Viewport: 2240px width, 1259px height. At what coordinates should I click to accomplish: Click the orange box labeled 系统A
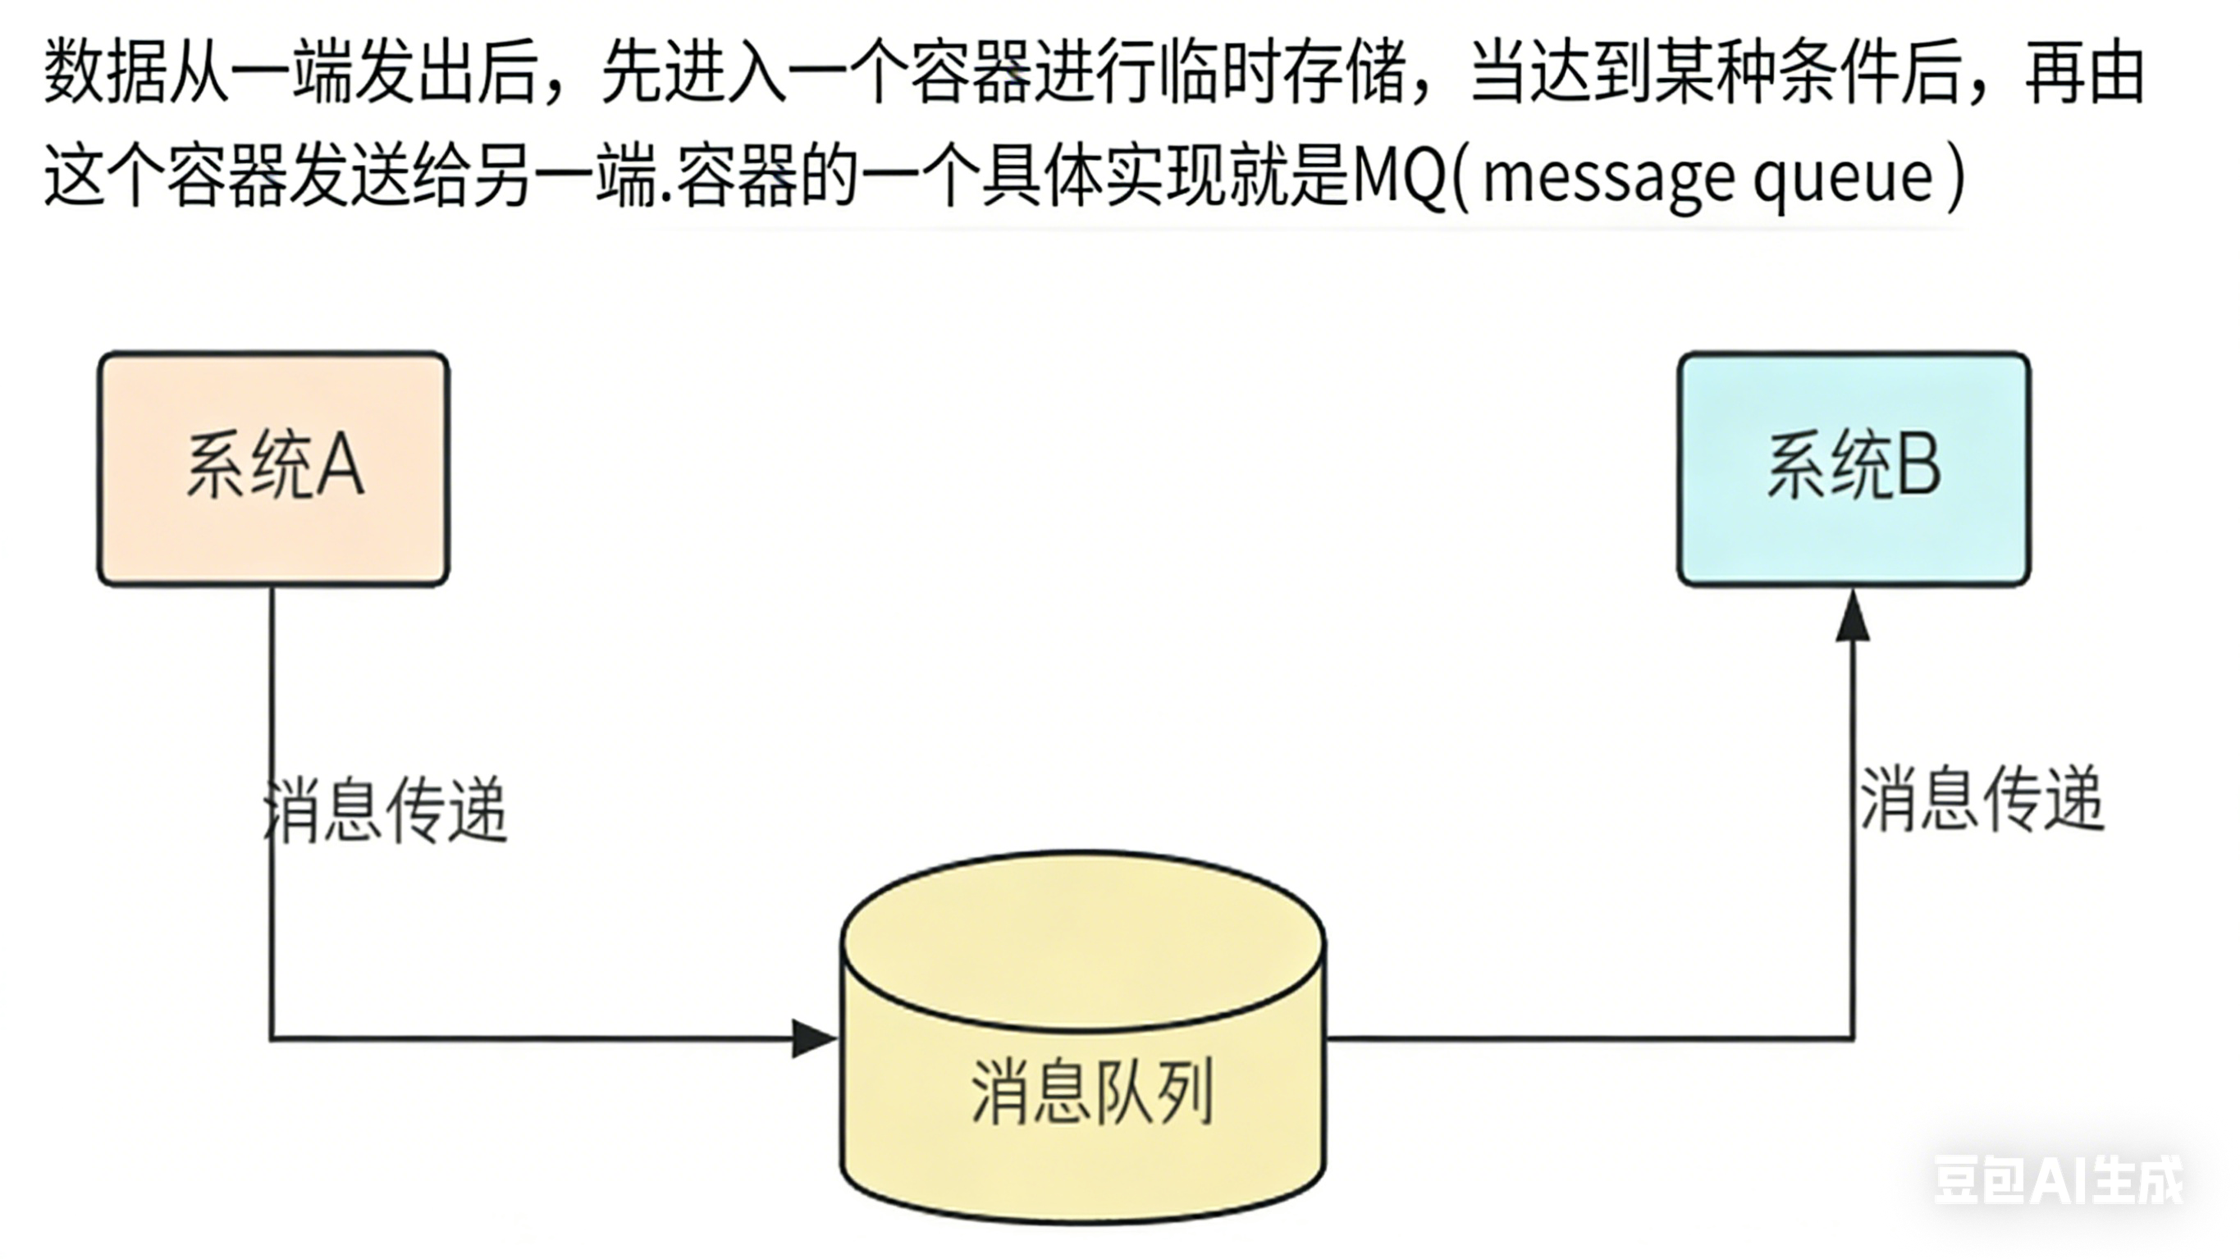(x=273, y=468)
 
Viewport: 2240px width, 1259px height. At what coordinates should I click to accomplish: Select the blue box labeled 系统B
(x=1853, y=468)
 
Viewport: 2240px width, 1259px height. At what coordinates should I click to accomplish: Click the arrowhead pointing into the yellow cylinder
(x=814, y=1038)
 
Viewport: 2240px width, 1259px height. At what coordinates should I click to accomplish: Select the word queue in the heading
(x=1843, y=179)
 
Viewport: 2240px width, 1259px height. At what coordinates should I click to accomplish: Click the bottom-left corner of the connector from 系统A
(x=272, y=1038)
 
